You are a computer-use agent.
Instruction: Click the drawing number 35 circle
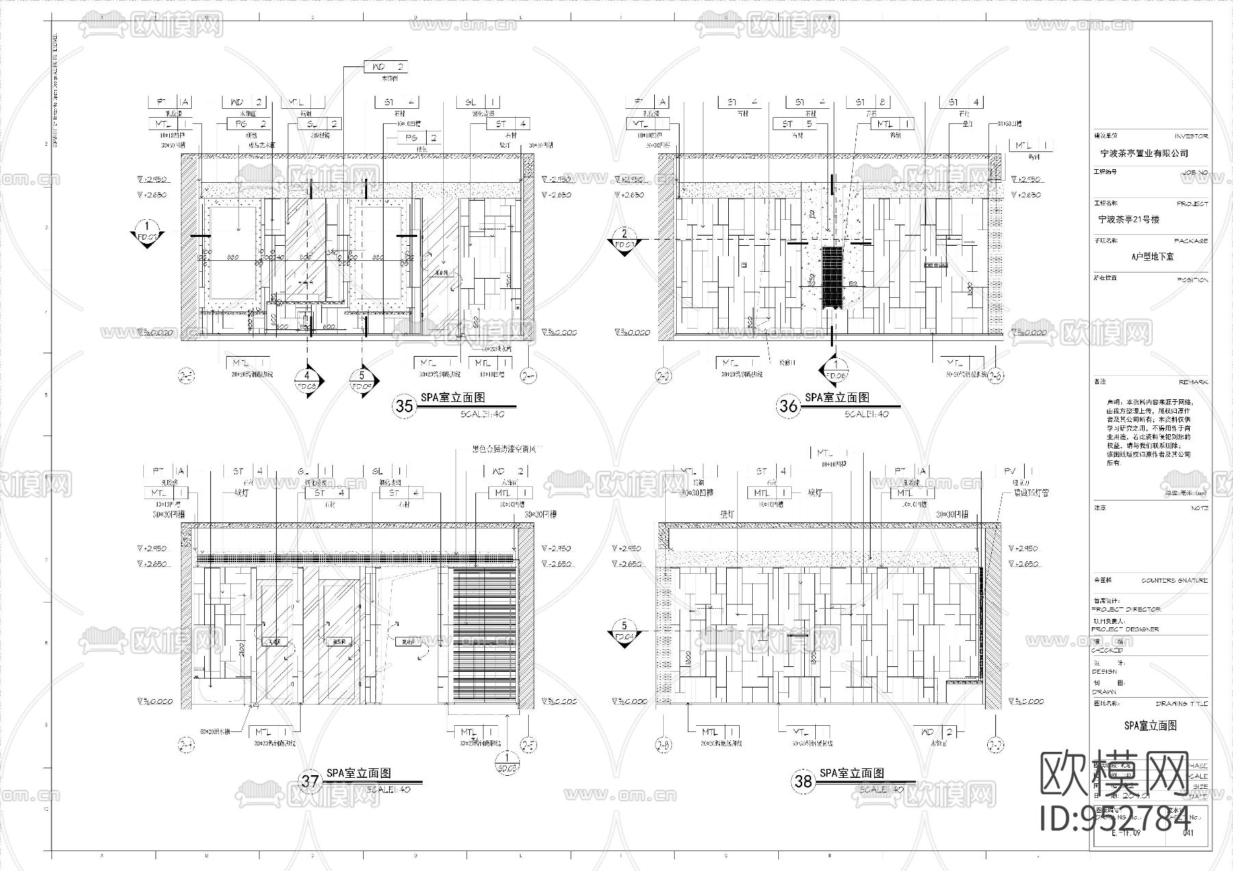coord(405,406)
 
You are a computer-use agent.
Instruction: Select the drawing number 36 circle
coord(788,406)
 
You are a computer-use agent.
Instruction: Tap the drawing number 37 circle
coord(310,781)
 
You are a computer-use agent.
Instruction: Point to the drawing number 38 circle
coord(803,781)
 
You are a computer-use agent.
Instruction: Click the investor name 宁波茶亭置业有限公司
coord(1134,154)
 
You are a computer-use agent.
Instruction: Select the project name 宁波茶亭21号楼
coord(1128,220)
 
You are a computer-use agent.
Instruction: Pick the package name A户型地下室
coord(1152,257)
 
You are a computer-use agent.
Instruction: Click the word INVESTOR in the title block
coord(1191,137)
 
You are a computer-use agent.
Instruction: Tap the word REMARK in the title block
coord(1193,382)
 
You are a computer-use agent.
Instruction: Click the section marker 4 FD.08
coord(308,381)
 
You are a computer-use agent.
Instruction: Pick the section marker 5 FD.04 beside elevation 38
coord(623,630)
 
